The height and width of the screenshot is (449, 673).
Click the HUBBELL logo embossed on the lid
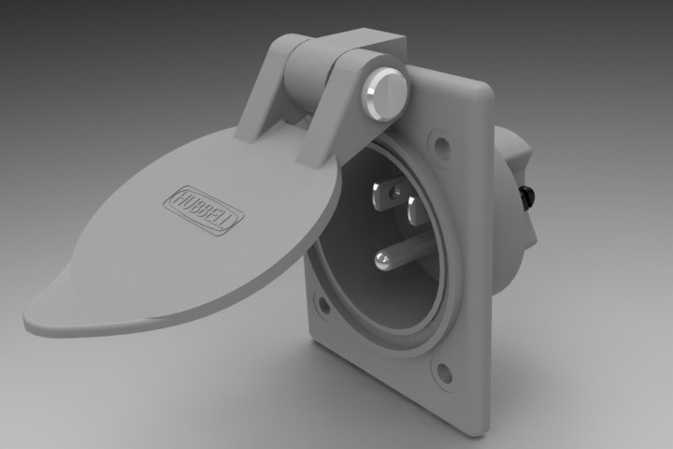click(x=203, y=209)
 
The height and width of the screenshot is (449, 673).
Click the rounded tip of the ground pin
click(x=381, y=259)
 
